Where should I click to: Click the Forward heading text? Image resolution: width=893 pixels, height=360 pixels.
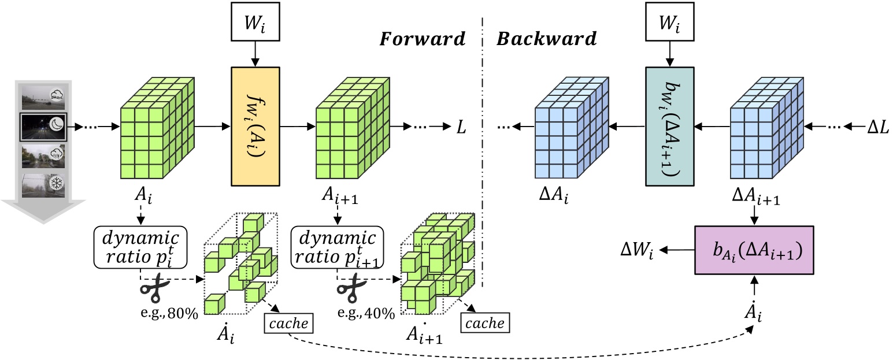click(422, 39)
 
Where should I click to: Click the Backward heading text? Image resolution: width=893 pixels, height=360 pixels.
click(546, 39)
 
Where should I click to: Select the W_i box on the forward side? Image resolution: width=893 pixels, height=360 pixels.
click(254, 26)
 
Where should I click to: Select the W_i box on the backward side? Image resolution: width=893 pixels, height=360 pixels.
click(669, 26)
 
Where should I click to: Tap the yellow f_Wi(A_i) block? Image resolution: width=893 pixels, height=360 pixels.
click(254, 127)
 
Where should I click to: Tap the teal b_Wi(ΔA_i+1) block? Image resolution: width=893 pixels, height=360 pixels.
click(669, 127)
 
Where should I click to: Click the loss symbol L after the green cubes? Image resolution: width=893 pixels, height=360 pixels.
click(461, 125)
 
